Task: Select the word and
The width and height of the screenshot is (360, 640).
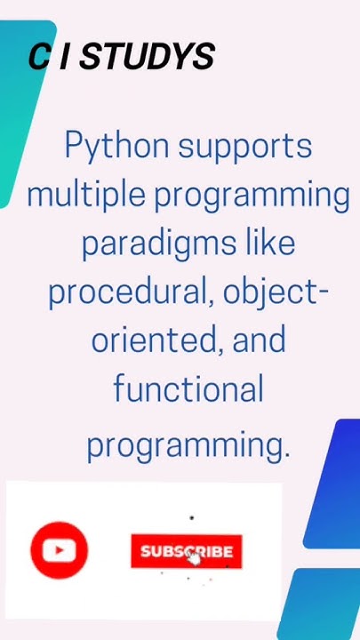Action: (260, 340)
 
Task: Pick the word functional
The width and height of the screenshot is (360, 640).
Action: (188, 389)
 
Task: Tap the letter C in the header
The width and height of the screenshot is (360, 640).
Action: (39, 58)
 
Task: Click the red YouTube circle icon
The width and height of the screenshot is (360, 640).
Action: (59, 550)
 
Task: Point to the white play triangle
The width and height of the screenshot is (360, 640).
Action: (60, 550)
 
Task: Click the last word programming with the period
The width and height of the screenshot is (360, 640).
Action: (188, 444)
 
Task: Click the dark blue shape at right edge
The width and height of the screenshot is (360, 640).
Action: (338, 484)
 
